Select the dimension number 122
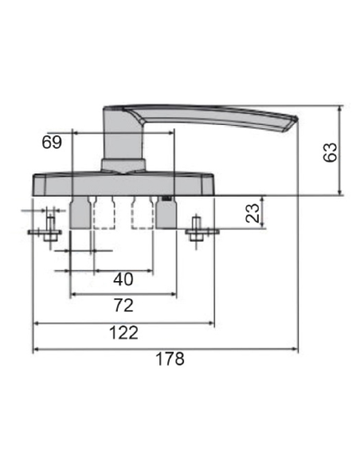coord(123,333)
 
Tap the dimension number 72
coord(123,306)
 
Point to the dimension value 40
coord(123,279)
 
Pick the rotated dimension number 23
coord(252,213)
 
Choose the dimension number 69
coord(52,143)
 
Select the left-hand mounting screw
coord(49,231)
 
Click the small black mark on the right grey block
coord(166,198)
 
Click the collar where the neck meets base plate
coord(123,165)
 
